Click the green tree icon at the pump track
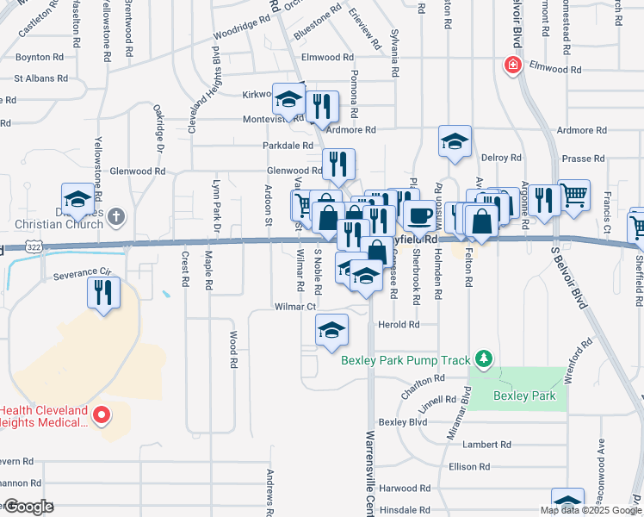pos(485,358)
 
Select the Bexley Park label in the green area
pos(524,396)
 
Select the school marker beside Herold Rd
pos(331,329)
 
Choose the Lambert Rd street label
pos(486,445)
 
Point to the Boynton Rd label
pos(40,58)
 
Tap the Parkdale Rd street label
pos(288,146)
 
